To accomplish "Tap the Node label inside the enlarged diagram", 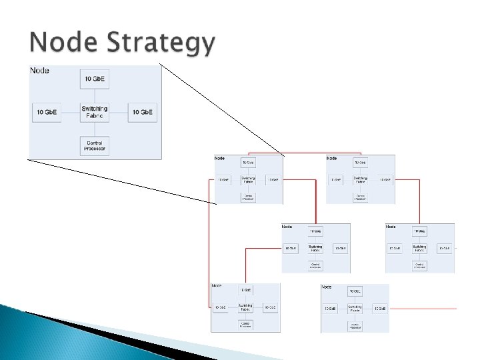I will coord(39,71).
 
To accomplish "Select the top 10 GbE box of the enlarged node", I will coord(95,80).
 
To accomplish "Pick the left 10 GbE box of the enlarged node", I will coord(46,112).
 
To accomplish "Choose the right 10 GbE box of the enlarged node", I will coord(143,112).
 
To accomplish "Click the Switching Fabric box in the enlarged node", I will coord(95,112).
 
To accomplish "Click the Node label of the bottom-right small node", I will coord(327,287).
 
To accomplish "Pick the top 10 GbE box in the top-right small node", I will coord(360,163).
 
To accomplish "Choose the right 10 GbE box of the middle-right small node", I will coord(444,249).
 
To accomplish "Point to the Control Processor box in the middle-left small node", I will coord(316,265).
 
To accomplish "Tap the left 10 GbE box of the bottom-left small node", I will coord(221,307).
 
